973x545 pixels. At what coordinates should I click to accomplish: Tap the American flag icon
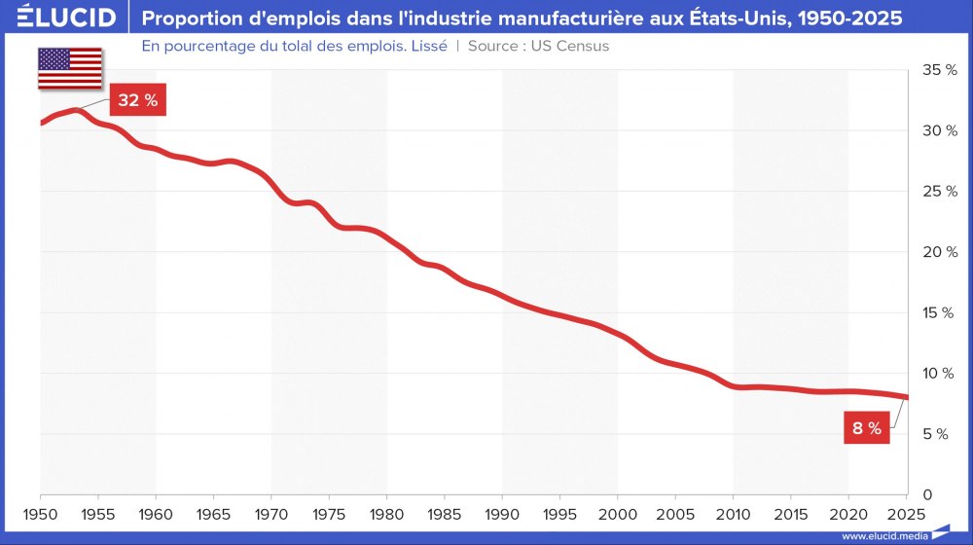(x=70, y=68)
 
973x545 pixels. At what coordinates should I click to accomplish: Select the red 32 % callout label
(x=137, y=101)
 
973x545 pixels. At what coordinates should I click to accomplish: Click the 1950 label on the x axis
(x=41, y=512)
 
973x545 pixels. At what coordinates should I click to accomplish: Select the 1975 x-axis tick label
(x=329, y=512)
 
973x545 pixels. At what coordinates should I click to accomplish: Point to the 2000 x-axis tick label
(x=617, y=512)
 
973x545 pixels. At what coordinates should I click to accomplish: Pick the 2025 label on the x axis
(x=905, y=512)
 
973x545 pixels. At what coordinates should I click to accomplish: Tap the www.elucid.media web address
(x=884, y=535)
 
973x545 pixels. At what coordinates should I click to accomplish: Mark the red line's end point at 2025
(x=907, y=397)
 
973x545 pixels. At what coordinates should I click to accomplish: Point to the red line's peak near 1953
(x=76, y=111)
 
